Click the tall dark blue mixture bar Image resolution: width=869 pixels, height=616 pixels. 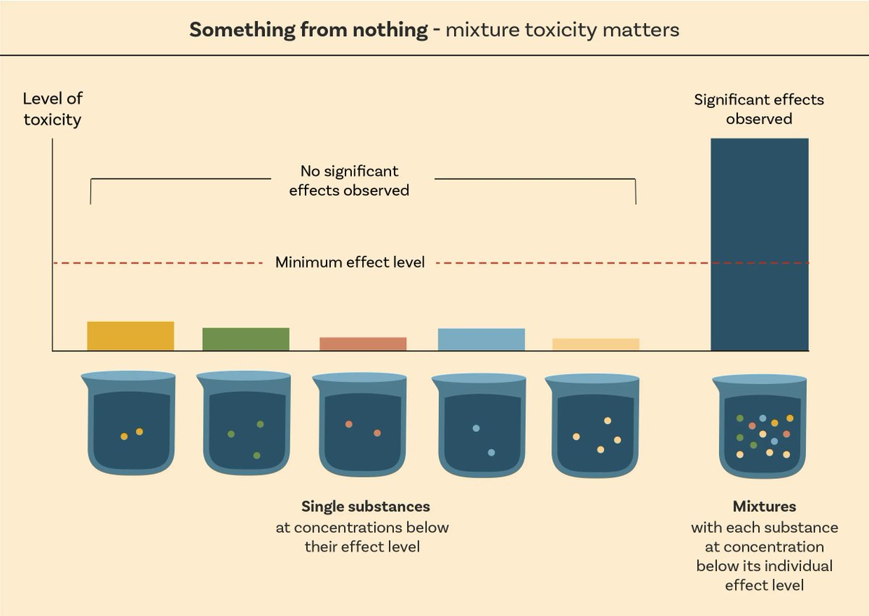[759, 244]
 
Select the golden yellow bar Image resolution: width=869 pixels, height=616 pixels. [130, 336]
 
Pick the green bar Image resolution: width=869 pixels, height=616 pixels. [245, 339]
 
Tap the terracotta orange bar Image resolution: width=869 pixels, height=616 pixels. [363, 344]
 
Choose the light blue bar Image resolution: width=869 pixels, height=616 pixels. [481, 339]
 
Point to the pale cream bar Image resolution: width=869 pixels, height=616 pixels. [595, 344]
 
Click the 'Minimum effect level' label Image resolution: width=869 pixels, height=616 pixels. [350, 262]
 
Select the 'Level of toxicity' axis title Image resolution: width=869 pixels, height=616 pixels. [52, 109]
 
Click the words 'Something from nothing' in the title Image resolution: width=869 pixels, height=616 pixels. [308, 30]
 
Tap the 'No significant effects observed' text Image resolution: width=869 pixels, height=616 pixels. [349, 180]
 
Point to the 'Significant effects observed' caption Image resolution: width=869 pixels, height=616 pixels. [759, 109]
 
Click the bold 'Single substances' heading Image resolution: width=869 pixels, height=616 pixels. [365, 506]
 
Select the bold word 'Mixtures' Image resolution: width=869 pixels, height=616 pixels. [764, 506]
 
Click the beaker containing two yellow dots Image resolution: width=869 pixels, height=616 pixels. [130, 428]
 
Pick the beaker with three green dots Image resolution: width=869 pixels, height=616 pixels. [245, 428]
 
